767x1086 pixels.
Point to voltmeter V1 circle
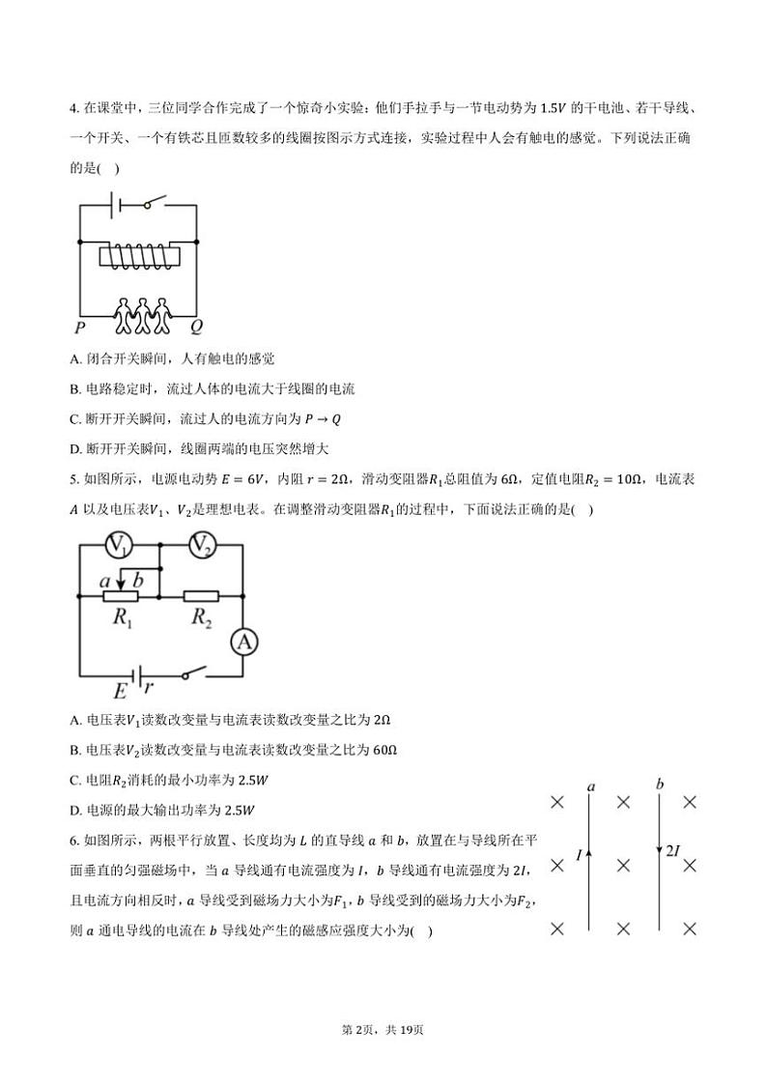coord(118,545)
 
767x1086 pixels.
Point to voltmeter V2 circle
coord(201,545)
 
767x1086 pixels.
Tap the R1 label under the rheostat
coord(123,618)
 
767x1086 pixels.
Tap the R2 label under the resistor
coord(201,618)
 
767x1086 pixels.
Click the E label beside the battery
coord(120,691)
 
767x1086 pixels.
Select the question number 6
coord(73,841)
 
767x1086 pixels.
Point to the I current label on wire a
coord(579,855)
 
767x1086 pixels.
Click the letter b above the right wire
coord(660,784)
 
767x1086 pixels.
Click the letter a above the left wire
coord(590,786)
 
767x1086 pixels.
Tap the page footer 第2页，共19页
coord(383,1029)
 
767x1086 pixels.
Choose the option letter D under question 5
coord(75,810)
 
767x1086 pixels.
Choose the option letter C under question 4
coord(75,419)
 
